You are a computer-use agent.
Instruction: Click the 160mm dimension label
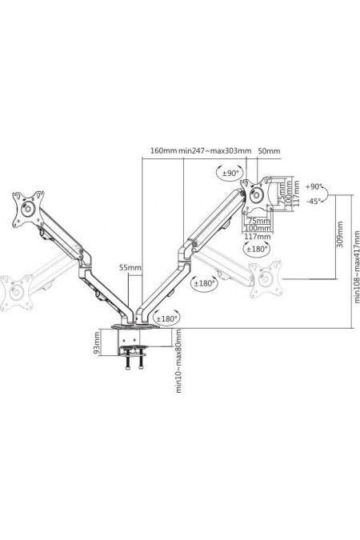pyautogui.click(x=163, y=150)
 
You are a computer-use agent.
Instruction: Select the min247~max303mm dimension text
pyautogui.click(x=214, y=150)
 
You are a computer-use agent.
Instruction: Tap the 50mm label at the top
pyautogui.click(x=270, y=150)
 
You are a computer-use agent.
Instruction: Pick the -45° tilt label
pyautogui.click(x=314, y=201)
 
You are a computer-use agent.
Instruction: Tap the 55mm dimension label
pyautogui.click(x=130, y=267)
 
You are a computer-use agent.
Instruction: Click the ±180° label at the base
pyautogui.click(x=166, y=318)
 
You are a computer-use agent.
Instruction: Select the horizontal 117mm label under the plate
pyautogui.click(x=258, y=236)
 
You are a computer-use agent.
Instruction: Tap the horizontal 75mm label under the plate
pyautogui.click(x=257, y=221)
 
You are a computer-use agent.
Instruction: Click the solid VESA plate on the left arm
pyautogui.click(x=27, y=209)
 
